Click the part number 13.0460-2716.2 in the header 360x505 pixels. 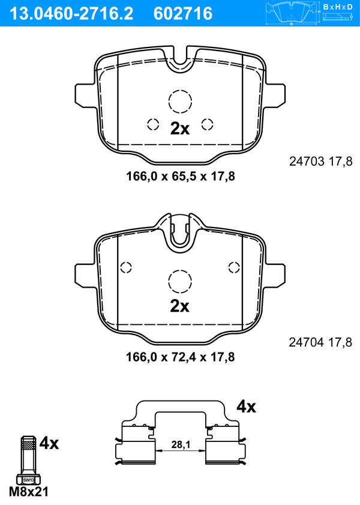[x=71, y=13]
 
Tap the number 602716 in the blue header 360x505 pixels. [x=183, y=13]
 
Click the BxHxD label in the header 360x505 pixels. [x=337, y=7]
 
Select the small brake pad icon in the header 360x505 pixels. [x=292, y=13]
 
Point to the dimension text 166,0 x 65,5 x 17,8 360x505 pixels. [x=181, y=176]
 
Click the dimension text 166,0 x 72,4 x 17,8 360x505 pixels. [x=181, y=357]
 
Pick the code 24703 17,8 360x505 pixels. [x=321, y=161]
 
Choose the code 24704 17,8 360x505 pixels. [x=321, y=342]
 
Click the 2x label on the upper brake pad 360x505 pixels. [x=180, y=129]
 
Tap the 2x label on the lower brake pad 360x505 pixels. [x=180, y=306]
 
